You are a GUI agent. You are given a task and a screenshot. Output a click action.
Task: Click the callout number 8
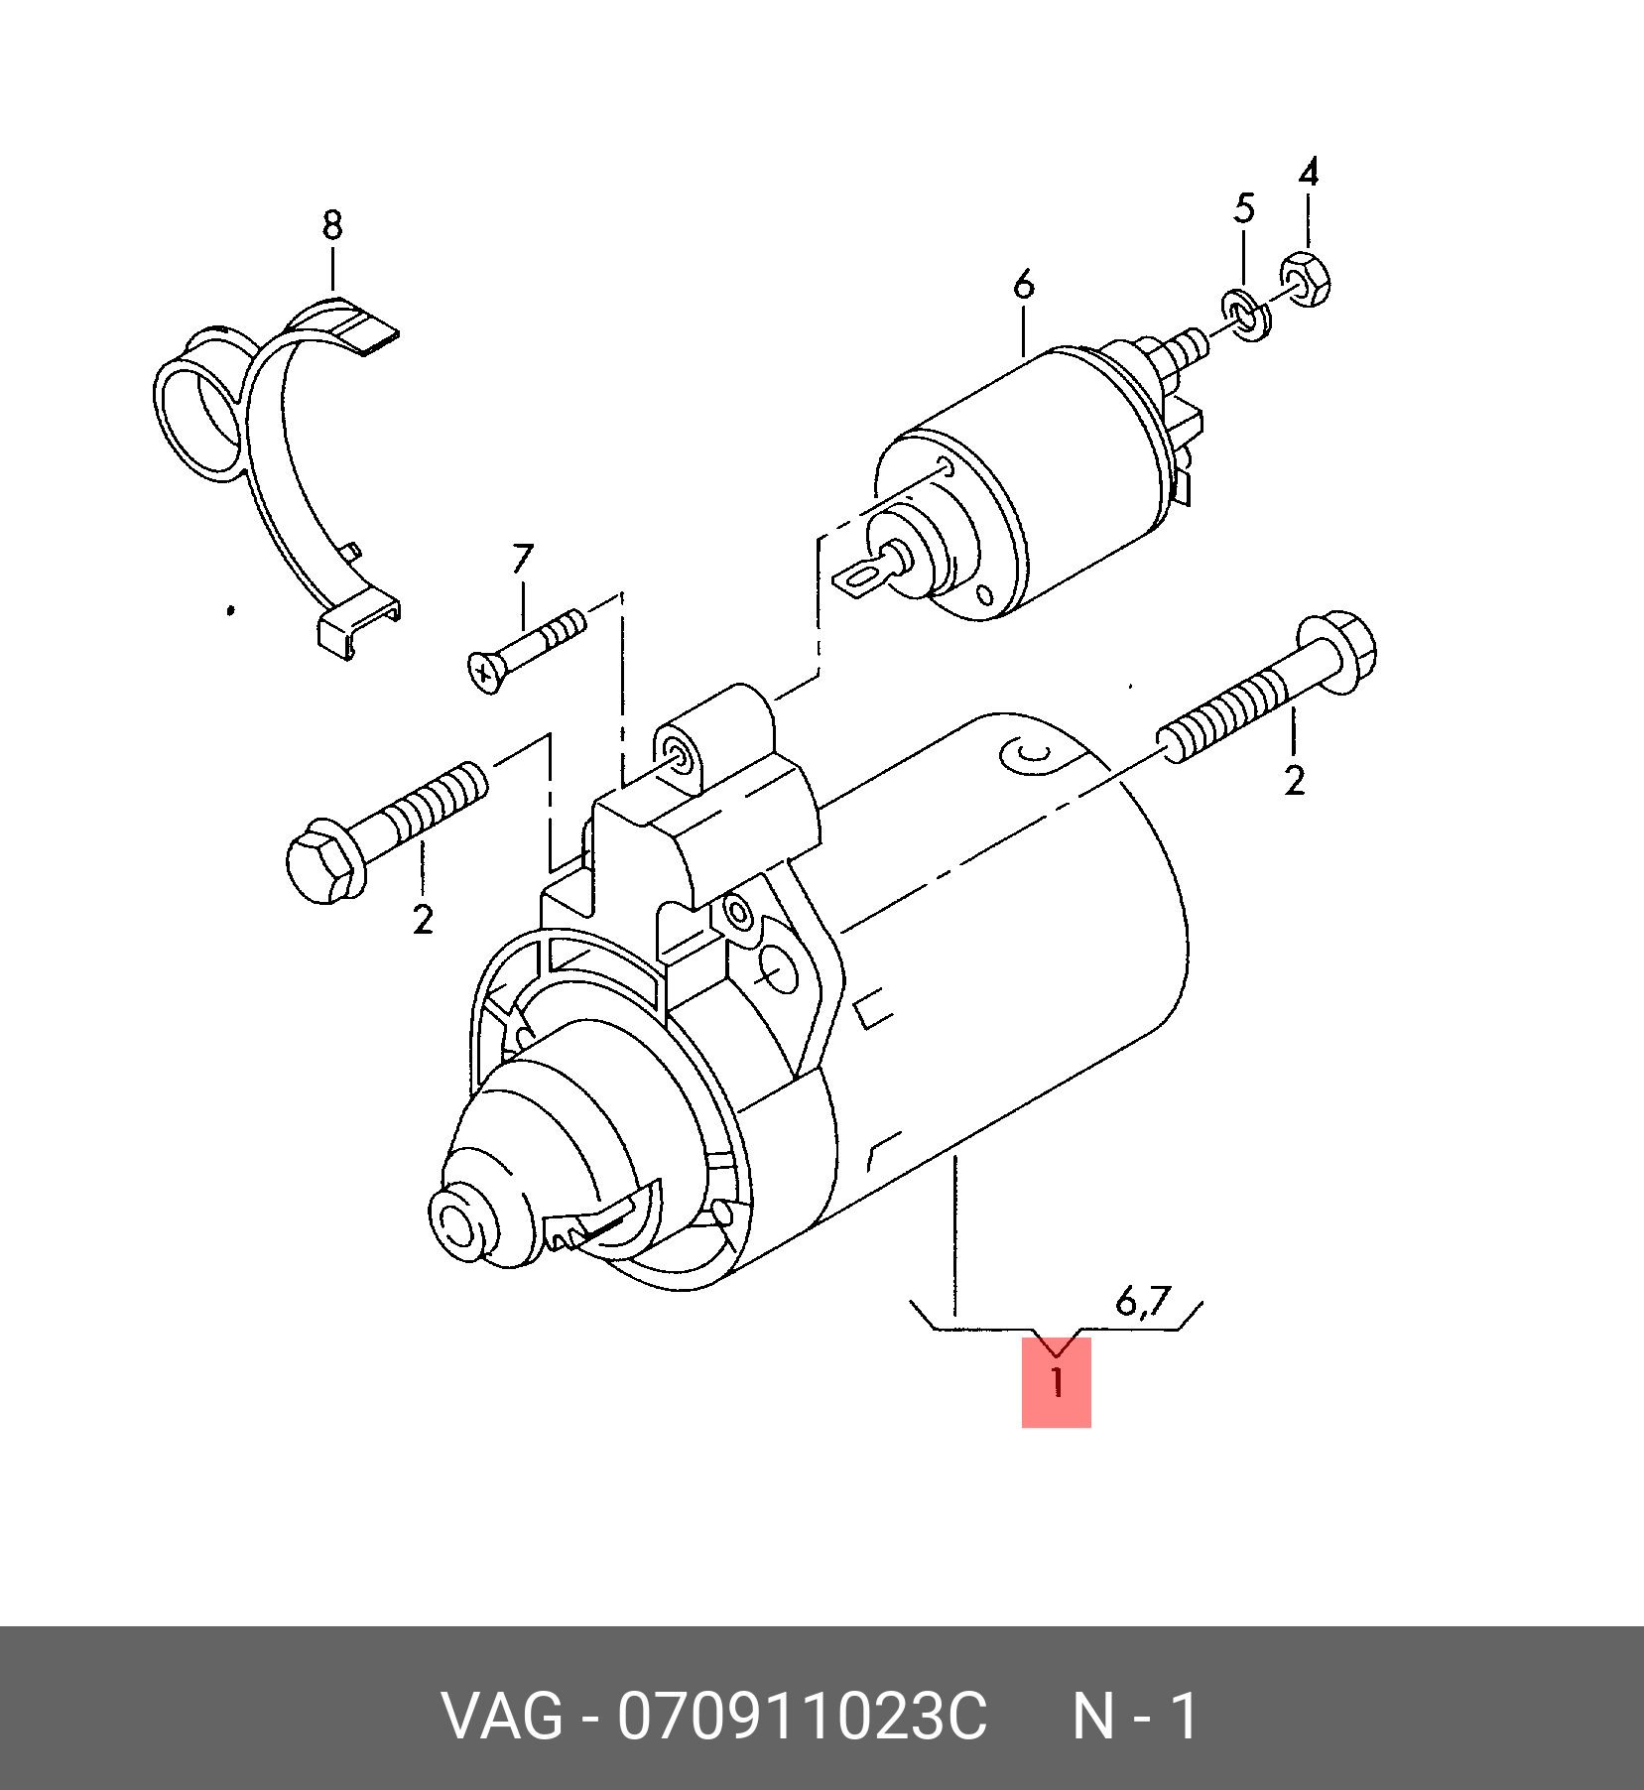[332, 226]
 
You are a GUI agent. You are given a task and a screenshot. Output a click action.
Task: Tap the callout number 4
[1309, 173]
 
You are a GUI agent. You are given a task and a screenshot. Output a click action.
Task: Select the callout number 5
[1244, 208]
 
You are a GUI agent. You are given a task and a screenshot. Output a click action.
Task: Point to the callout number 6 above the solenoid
[1024, 285]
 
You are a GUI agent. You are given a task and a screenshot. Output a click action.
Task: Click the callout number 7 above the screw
[522, 560]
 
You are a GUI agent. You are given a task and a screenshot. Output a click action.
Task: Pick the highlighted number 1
[1057, 1382]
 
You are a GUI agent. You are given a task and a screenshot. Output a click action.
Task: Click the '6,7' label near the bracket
[1143, 1301]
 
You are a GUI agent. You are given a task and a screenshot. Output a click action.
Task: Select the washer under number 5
[1247, 318]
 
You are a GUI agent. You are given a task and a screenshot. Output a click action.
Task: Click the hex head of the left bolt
[320, 860]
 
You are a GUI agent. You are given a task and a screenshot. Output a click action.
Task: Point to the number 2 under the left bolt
[423, 920]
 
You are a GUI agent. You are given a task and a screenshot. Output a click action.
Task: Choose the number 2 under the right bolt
[1294, 781]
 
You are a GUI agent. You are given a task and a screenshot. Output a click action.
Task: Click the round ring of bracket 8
[200, 407]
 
